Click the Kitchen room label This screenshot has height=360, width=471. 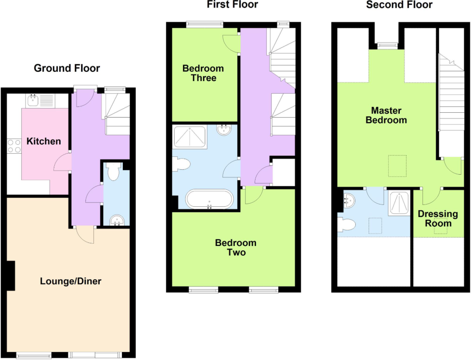point(44,141)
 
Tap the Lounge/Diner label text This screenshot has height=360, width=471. point(71,281)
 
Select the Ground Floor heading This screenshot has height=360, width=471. point(67,68)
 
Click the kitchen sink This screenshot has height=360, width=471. point(32,101)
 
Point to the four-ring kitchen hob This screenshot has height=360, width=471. point(14,146)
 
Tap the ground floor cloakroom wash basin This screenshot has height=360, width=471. point(117,220)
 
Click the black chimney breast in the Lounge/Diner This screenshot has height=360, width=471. point(11,276)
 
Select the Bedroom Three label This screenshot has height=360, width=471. point(203,73)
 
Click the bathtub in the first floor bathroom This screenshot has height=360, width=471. point(209,199)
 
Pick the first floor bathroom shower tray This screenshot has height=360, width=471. point(190,137)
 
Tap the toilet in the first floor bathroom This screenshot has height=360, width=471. point(181,164)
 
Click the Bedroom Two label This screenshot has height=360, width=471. point(236,248)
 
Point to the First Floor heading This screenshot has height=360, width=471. point(232,4)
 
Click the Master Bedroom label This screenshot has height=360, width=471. point(386,115)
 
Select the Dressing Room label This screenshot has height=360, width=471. point(438,219)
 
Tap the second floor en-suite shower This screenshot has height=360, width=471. point(399,203)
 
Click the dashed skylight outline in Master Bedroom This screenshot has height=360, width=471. point(397,166)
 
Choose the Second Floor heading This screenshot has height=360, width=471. point(399,5)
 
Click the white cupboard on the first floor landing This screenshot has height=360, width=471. point(284,172)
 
